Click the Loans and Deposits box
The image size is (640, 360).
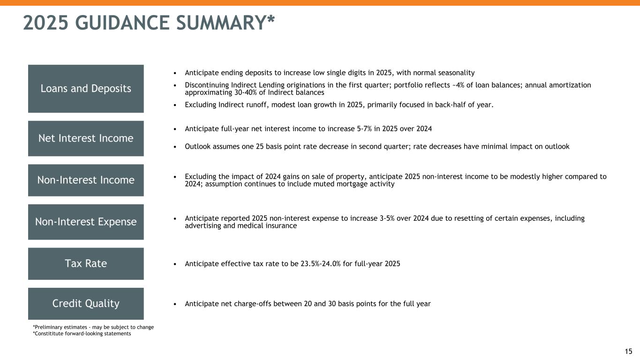(86, 89)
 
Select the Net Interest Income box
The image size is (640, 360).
(86, 138)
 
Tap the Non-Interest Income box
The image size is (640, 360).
(86, 180)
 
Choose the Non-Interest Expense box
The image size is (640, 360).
(86, 222)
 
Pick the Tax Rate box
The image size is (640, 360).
(86, 263)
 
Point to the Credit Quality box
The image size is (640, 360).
(86, 304)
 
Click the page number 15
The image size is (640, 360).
(629, 351)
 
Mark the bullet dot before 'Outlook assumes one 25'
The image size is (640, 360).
(175, 147)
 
